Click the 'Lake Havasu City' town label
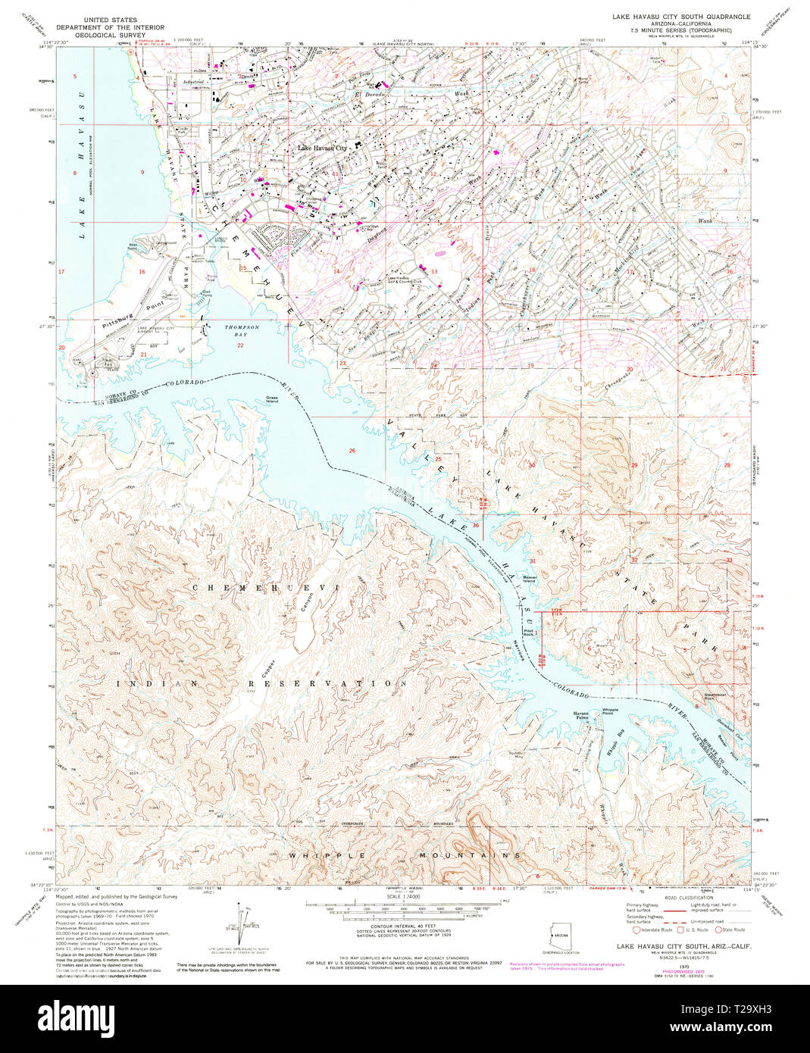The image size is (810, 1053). coord(322,148)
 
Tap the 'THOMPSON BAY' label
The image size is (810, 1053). coord(242,330)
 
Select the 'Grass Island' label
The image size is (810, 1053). coord(271,399)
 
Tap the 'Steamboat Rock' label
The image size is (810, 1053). coord(709,696)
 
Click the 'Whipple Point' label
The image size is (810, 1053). coord(610,711)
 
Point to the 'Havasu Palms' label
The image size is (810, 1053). coord(581,714)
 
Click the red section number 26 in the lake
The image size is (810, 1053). coord(352,451)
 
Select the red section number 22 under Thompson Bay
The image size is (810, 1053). coord(240,345)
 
